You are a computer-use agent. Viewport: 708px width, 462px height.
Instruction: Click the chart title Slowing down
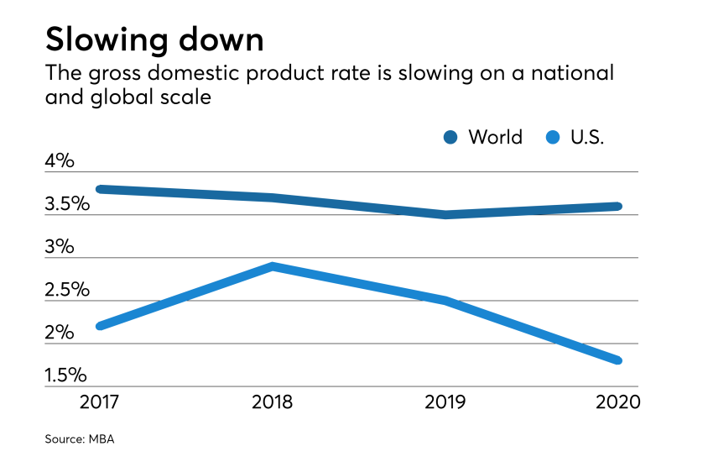point(154,39)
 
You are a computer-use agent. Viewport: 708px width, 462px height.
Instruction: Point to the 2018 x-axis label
point(272,402)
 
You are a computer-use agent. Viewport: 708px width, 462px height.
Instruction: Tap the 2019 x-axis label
point(445,402)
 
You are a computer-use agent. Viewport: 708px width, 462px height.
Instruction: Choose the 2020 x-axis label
point(616,402)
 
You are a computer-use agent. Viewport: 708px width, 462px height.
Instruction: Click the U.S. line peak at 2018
point(273,266)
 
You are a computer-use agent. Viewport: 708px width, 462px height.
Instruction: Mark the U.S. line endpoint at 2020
point(617,360)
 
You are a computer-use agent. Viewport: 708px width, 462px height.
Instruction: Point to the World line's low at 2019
point(445,214)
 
